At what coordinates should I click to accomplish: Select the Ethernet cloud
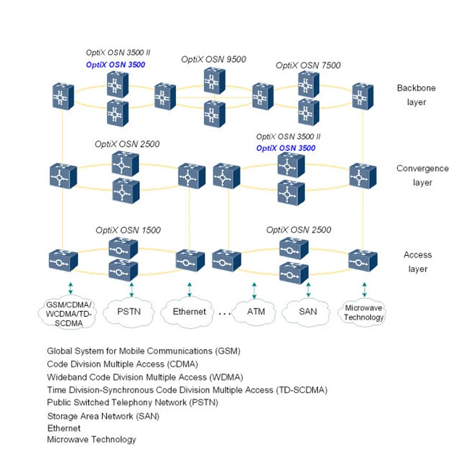point(189,312)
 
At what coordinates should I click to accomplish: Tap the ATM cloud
point(256,312)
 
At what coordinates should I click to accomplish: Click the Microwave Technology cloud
point(364,313)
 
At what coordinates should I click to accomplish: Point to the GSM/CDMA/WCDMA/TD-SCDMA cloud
point(70,314)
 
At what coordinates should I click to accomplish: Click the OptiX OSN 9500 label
point(213,60)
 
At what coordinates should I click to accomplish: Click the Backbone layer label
point(416,95)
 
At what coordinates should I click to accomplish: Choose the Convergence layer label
point(422,175)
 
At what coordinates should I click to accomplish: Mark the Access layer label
point(417,262)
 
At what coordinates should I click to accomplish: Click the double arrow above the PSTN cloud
point(132,289)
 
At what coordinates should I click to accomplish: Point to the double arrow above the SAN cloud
point(308,289)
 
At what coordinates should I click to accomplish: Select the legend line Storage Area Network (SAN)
point(103,416)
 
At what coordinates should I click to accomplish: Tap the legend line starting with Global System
point(144,350)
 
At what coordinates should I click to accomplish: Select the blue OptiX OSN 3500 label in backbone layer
point(115,65)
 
